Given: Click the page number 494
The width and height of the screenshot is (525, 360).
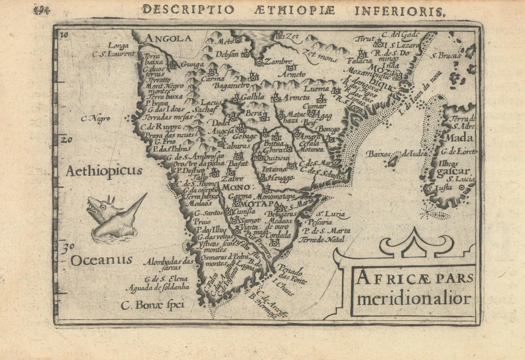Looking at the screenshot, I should [x=42, y=10].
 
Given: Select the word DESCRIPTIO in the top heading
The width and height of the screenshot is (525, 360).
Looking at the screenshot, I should [x=188, y=10].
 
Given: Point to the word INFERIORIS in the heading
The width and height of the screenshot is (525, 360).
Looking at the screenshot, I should [x=406, y=10].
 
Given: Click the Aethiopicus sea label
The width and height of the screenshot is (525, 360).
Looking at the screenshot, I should [x=104, y=171].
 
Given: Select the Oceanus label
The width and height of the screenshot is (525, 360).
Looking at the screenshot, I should [x=101, y=260].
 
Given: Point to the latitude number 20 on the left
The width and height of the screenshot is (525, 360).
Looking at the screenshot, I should [x=66, y=139].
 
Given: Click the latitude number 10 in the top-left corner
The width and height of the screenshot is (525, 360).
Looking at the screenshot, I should [x=64, y=36].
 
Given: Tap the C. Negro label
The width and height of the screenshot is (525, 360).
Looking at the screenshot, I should [x=95, y=118].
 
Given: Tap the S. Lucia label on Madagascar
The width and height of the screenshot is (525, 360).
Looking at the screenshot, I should [x=457, y=178].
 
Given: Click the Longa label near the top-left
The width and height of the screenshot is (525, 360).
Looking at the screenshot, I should [x=119, y=45].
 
